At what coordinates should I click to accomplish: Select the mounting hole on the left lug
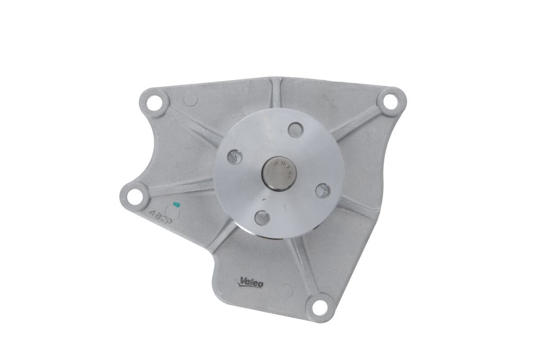tap(133, 195)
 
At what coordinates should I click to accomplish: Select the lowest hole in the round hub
tap(262, 218)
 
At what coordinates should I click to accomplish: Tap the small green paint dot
tap(176, 205)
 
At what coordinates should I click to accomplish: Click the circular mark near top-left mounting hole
tap(190, 99)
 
